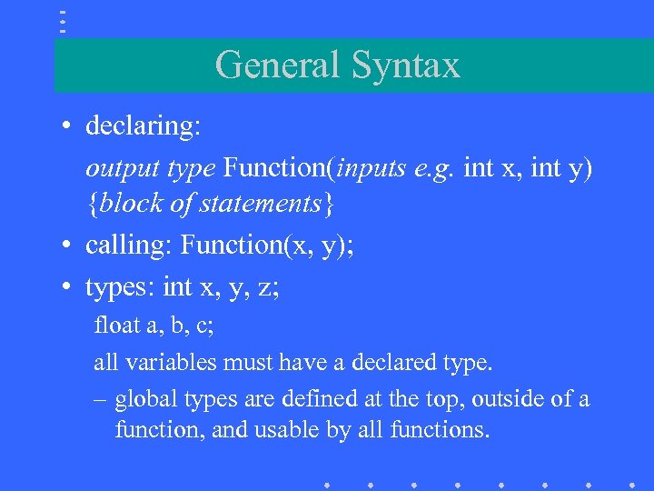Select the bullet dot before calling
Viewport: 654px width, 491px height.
[x=68, y=245]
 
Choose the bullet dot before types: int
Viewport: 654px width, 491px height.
[x=68, y=288]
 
